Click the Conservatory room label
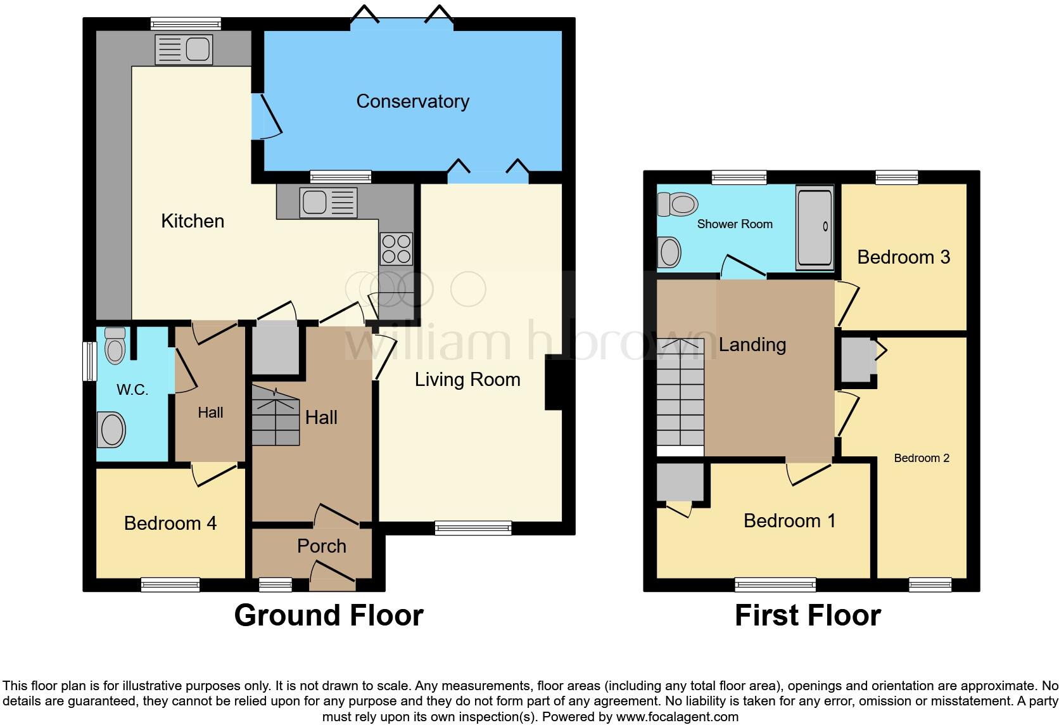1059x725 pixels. tap(412, 101)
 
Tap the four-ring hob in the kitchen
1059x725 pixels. tap(396, 248)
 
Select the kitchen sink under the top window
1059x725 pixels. tap(184, 49)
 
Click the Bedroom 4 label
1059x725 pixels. tap(170, 523)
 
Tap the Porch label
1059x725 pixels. tap(322, 546)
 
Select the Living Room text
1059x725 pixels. tap(467, 380)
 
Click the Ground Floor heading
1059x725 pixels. tap(328, 615)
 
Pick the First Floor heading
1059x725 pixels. tap(808, 615)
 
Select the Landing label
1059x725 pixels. tap(752, 345)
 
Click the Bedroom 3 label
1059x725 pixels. tap(903, 257)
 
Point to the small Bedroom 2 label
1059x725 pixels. tap(922, 458)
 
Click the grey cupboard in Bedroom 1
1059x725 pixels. tap(680, 482)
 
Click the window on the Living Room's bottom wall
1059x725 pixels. tap(473, 527)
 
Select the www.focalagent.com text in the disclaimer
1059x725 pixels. tap(677, 717)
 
